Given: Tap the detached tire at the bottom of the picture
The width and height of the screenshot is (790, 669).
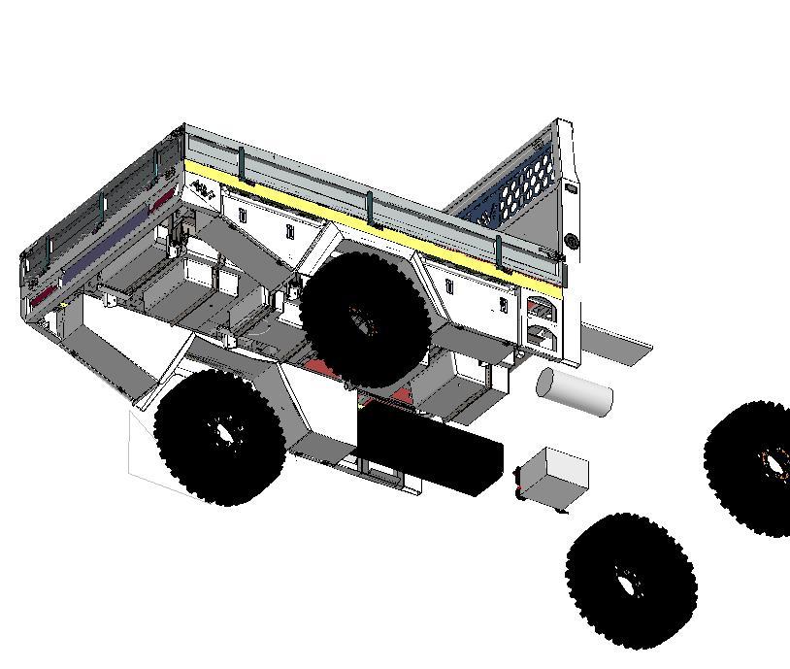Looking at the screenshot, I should click(631, 581).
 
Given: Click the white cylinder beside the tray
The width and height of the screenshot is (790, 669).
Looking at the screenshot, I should click(575, 390).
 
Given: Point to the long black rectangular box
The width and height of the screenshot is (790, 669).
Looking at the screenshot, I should click(430, 449).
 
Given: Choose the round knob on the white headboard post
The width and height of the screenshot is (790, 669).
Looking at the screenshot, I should click(572, 241).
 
